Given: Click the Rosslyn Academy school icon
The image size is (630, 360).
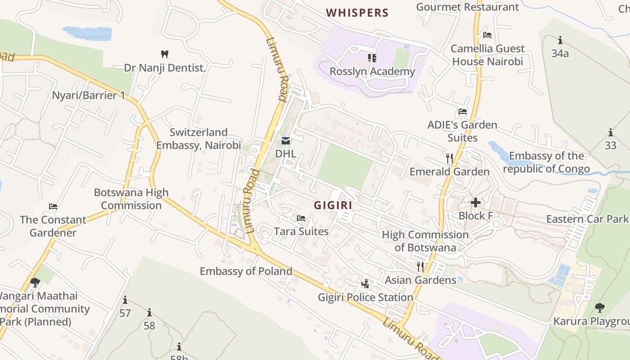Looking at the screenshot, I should pos(372,58).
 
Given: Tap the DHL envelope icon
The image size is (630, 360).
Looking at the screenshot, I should pos(286,141).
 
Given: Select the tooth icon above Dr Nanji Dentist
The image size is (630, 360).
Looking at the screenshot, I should pos(165,54).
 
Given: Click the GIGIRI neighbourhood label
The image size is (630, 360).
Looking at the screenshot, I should pos(333,205).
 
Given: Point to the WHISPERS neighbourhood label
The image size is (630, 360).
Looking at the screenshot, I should pos(357,13).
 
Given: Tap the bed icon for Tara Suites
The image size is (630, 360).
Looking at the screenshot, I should pos(301,218).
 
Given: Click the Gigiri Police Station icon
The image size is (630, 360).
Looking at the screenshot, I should pos(365,284).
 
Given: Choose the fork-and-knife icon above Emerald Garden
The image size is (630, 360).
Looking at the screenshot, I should pos(449,158).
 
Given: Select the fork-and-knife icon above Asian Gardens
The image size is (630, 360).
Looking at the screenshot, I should pos(420,266).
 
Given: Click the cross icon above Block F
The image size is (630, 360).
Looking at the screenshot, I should pos(475,202).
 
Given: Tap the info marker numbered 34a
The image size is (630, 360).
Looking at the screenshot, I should pos(560,40).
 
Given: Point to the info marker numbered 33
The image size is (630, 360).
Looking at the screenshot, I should pos(611,132).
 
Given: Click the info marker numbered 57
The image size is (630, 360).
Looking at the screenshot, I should pos(125,300).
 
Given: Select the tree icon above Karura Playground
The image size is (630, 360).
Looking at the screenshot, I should pos(599,308).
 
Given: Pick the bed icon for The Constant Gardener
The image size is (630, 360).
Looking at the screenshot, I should pos(53,207).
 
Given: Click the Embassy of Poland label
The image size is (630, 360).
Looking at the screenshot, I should pos(246,271).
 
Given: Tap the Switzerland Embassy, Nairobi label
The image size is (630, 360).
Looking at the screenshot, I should pos(198,139).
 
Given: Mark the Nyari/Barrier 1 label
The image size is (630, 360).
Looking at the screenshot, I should pos(88,95).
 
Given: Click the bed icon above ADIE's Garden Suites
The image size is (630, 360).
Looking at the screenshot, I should pos(462,112).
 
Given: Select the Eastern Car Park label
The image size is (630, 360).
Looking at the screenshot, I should pos(587,219).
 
